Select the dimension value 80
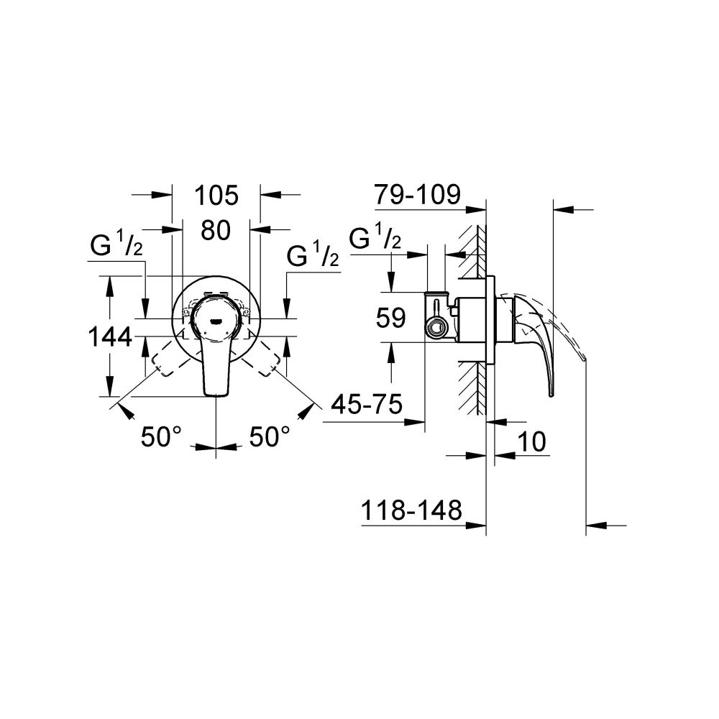point(215,230)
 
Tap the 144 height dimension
point(109,336)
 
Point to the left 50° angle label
point(162,436)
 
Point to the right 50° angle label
point(270,436)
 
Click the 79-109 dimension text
point(417,194)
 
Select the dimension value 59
point(391,318)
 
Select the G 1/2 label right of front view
point(313,255)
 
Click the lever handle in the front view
point(216,367)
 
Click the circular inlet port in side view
point(436,329)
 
